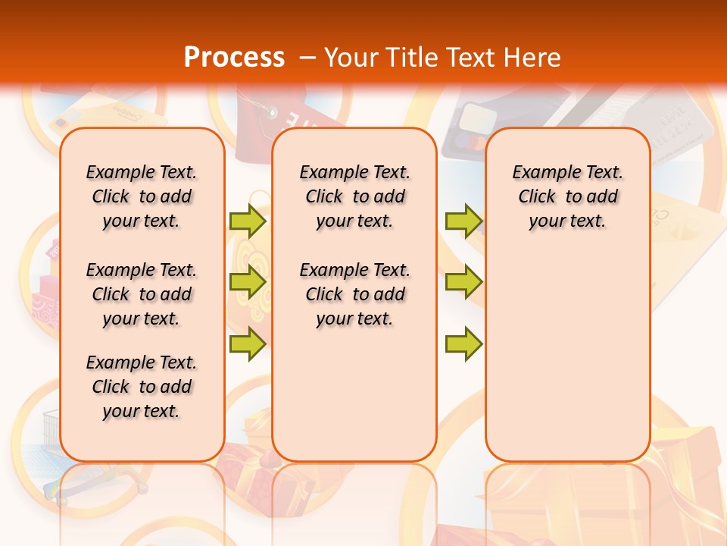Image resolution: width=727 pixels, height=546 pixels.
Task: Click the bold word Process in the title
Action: [234, 57]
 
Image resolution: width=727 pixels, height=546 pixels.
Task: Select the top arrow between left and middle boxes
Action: [248, 221]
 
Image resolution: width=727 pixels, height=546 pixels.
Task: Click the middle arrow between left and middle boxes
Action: [248, 282]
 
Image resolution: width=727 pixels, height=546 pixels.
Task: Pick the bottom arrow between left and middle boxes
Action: [248, 344]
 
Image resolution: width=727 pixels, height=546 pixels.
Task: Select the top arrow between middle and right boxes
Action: [463, 221]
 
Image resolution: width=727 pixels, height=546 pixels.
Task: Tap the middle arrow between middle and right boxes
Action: [463, 282]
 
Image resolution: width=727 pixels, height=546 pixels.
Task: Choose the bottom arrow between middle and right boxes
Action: [463, 344]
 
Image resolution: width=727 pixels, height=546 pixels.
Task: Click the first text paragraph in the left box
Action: [142, 196]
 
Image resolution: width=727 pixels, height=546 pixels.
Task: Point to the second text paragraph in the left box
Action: [142, 294]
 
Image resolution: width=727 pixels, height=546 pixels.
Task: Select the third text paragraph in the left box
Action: [142, 387]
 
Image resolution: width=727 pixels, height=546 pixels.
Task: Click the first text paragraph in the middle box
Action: [355, 196]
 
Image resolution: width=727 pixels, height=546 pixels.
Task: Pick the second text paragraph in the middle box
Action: [355, 294]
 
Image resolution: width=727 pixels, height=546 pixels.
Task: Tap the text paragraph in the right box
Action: [568, 196]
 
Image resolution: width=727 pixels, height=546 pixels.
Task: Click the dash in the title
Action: [307, 58]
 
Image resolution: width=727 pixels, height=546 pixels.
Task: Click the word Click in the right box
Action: [537, 196]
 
